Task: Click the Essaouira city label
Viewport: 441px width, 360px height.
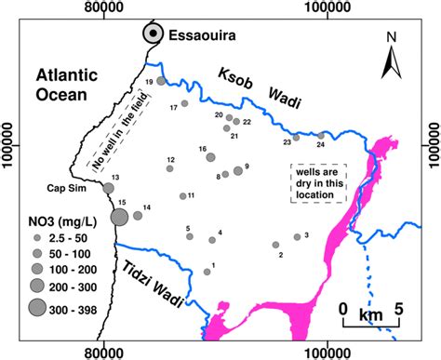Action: click(x=203, y=35)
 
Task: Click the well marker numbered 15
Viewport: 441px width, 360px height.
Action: click(x=120, y=217)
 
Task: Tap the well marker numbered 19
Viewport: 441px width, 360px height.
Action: click(x=161, y=82)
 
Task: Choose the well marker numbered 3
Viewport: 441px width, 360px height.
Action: click(x=297, y=236)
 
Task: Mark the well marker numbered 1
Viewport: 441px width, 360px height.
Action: click(x=205, y=271)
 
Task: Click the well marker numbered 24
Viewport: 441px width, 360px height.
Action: click(x=320, y=136)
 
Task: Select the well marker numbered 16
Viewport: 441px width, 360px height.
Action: click(x=210, y=157)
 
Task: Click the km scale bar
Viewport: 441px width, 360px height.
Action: click(x=371, y=324)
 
